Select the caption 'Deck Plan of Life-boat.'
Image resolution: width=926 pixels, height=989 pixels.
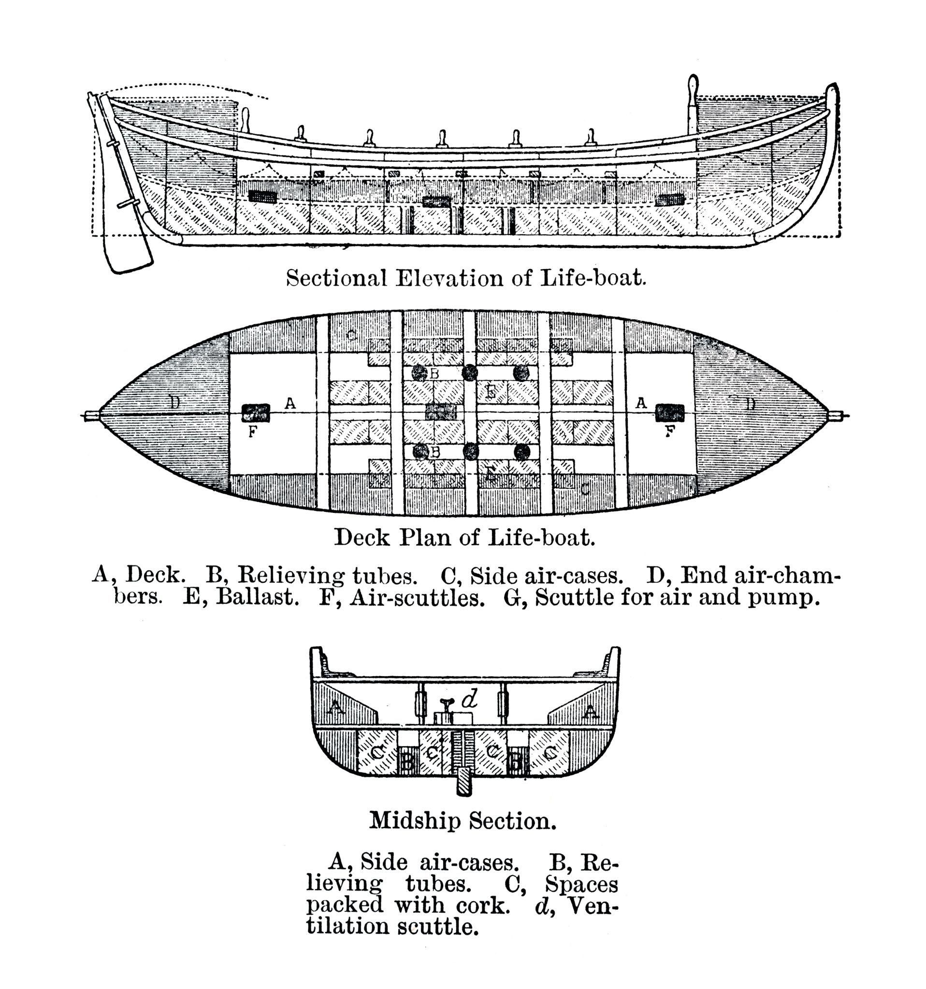(x=464, y=537)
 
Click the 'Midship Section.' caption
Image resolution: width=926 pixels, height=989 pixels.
(x=463, y=820)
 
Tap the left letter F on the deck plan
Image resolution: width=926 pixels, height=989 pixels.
(x=252, y=432)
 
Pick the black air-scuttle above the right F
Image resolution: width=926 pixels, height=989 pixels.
(x=670, y=412)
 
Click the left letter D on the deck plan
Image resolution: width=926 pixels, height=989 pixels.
(x=174, y=401)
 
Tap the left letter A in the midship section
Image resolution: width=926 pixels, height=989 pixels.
(x=335, y=708)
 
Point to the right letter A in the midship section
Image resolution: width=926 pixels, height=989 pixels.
(x=591, y=712)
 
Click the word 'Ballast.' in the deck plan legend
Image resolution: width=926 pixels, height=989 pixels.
(x=258, y=597)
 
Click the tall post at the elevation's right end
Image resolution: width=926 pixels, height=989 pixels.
(x=693, y=104)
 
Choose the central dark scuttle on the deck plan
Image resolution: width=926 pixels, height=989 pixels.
(x=441, y=411)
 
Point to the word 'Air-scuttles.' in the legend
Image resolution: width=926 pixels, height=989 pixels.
(x=417, y=597)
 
